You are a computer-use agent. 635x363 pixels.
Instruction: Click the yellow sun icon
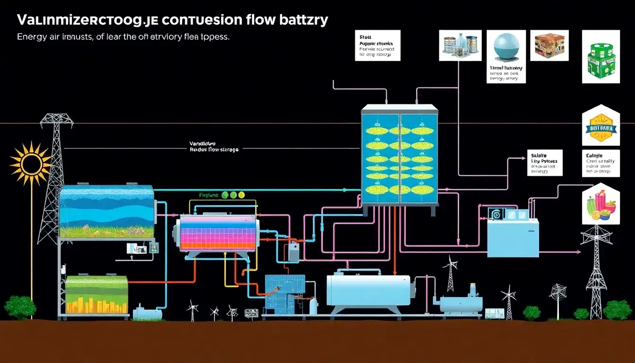pyautogui.click(x=31, y=163)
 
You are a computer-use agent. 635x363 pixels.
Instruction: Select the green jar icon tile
pyautogui.click(x=601, y=57)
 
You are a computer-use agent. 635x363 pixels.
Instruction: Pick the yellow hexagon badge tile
pyautogui.click(x=601, y=126)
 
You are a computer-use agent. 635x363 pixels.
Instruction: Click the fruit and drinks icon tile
pyautogui.click(x=601, y=204)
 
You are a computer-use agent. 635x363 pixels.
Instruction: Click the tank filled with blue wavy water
pyautogui.click(x=107, y=212)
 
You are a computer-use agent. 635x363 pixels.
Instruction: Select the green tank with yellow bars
pyautogui.click(x=97, y=295)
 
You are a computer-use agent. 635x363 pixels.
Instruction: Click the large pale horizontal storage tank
pyautogui.click(x=369, y=290)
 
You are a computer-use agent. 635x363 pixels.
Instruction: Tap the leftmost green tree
pyautogui.click(x=20, y=307)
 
